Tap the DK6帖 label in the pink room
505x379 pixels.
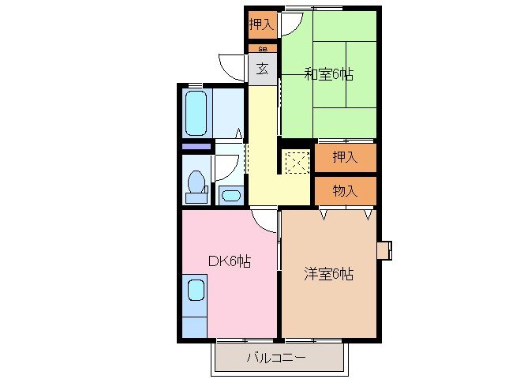230,261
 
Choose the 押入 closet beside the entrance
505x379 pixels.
261,24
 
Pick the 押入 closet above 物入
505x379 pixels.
345,157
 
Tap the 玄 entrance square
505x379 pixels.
261,68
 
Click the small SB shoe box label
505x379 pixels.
261,48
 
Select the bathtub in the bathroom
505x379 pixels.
196,113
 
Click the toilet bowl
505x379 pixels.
195,184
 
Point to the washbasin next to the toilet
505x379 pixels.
231,195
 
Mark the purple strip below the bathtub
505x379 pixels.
196,146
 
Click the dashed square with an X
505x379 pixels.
297,162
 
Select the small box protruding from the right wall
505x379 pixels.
384,250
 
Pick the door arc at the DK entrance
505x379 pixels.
266,221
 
